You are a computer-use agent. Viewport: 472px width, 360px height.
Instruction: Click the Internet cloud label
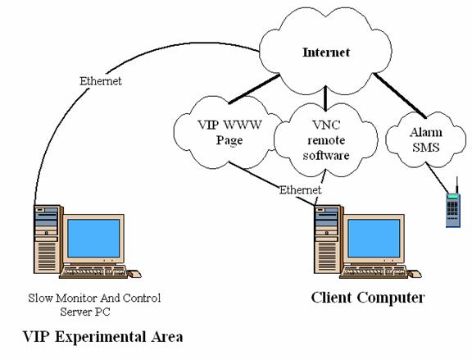pos(326,52)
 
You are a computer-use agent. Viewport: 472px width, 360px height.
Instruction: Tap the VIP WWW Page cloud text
pos(229,132)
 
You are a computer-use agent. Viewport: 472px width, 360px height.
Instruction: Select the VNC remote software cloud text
pos(326,140)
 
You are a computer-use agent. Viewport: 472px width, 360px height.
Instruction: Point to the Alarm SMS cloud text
pos(426,139)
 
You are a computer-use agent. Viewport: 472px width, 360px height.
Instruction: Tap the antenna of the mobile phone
pos(457,185)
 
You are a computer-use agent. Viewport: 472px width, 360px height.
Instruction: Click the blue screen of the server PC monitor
pos(93,238)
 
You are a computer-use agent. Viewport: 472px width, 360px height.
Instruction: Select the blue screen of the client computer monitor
pos(374,238)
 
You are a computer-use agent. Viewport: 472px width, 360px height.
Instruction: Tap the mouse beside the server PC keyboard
pos(134,274)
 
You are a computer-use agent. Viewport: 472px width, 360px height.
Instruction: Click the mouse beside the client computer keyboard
pos(415,274)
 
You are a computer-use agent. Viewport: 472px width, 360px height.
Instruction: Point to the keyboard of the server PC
pos(94,272)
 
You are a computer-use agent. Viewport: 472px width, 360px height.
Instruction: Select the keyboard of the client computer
pos(374,272)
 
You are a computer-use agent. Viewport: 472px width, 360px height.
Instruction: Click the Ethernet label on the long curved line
pos(101,81)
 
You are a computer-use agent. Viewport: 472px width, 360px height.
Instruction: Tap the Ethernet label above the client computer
pos(300,189)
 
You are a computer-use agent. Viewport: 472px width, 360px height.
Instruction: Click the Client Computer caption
pos(368,298)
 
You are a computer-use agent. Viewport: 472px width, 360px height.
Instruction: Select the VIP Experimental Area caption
pos(103,337)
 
